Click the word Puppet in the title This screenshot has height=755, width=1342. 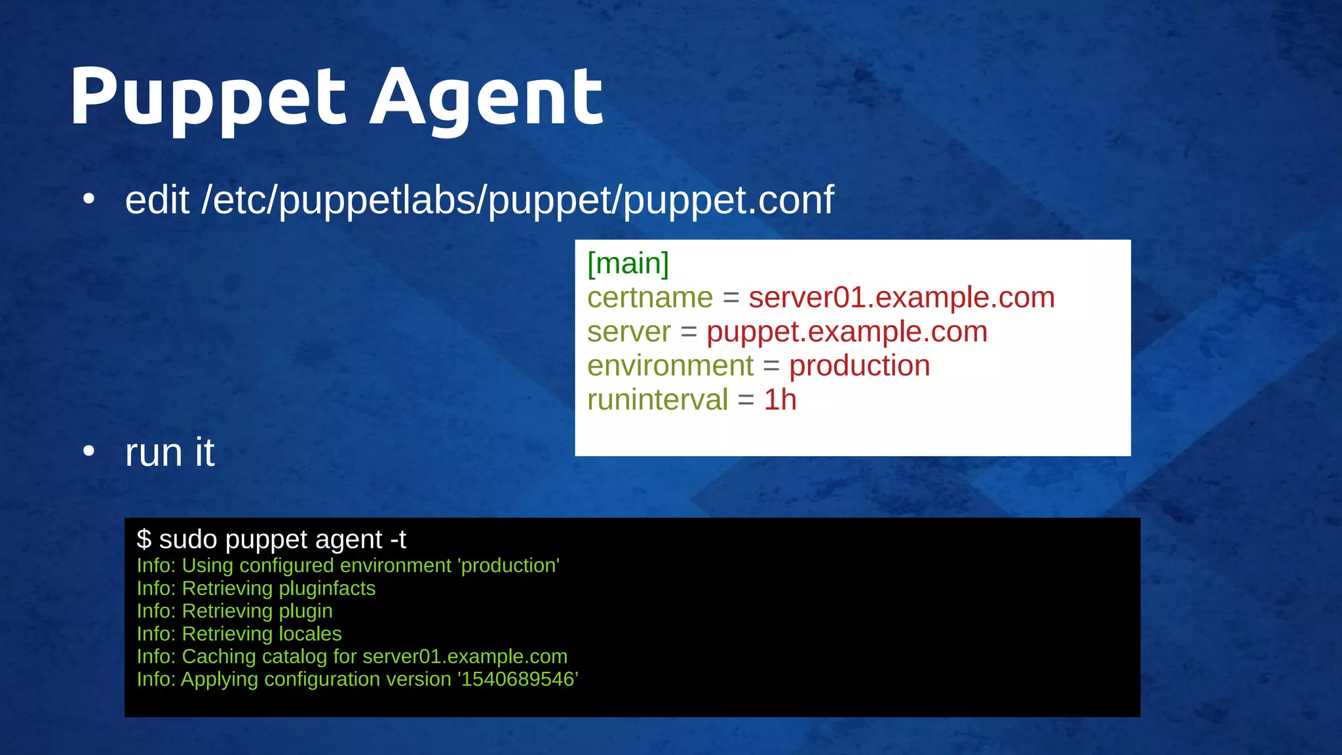click(x=208, y=98)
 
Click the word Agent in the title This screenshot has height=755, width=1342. click(x=486, y=98)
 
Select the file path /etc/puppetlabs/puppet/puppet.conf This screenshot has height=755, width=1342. click(x=518, y=200)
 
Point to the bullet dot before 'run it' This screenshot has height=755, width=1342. click(x=89, y=451)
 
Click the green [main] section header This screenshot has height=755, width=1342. click(x=628, y=263)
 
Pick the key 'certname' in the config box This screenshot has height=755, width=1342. click(x=649, y=298)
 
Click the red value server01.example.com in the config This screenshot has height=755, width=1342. click(x=902, y=298)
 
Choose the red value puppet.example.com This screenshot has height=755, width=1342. click(x=847, y=332)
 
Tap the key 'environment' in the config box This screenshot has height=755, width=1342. click(x=670, y=366)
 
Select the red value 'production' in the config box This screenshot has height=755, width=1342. click(x=859, y=366)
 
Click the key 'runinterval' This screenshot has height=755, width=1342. click(x=657, y=400)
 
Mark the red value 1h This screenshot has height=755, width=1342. click(x=780, y=400)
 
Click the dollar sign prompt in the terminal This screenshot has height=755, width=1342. click(x=144, y=539)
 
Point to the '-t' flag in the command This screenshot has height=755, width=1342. click(x=398, y=539)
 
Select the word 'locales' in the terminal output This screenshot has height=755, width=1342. click(x=310, y=634)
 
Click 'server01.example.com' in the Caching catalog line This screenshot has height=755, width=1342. click(x=465, y=656)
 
